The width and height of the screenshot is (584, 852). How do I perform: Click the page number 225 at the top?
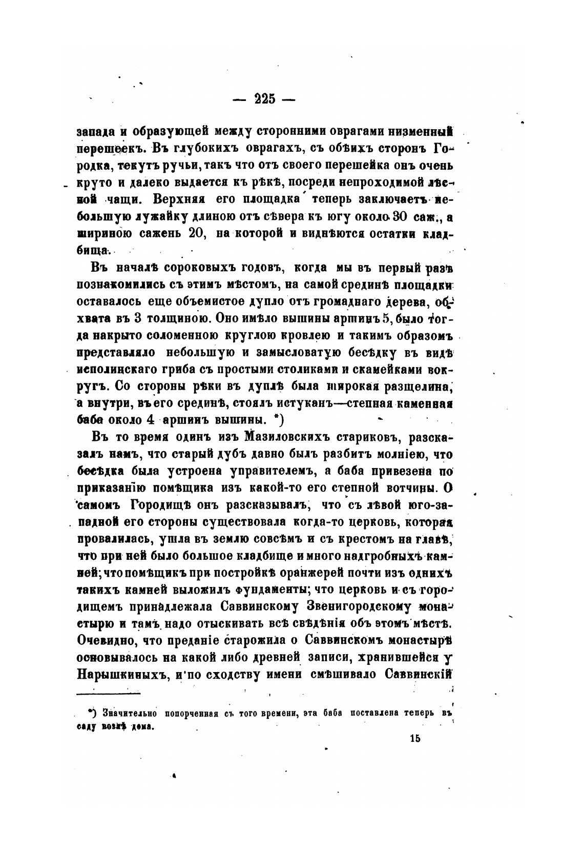pyautogui.click(x=264, y=99)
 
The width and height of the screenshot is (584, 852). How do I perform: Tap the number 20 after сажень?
pyautogui.click(x=197, y=234)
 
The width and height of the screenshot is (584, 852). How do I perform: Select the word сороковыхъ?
pyautogui.click(x=195, y=268)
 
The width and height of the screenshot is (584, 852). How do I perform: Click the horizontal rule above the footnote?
pyautogui.click(x=109, y=694)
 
